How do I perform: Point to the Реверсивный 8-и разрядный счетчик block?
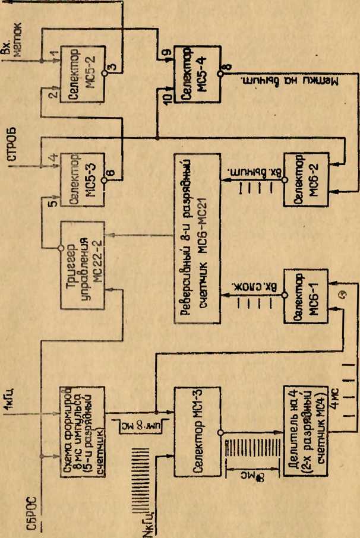[x=197, y=238]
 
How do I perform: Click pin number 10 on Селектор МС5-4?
[x=166, y=97]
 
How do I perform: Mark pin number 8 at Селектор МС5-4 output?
[x=225, y=67]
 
